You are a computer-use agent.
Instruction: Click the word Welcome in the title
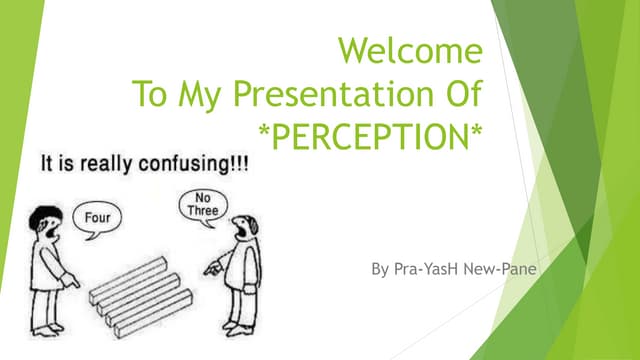(411, 49)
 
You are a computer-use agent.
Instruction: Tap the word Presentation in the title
(331, 95)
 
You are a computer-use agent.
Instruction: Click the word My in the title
(207, 95)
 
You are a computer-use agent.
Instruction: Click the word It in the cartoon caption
(49, 163)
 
